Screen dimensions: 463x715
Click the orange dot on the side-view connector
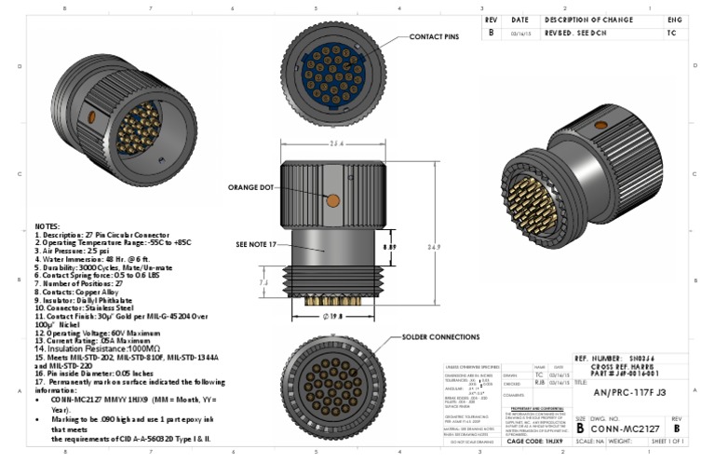pyautogui.click(x=332, y=198)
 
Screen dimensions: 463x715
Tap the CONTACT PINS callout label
pyautogui.click(x=435, y=37)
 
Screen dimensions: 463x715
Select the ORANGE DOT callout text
pyautogui.click(x=252, y=187)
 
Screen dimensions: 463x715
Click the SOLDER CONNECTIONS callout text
pyautogui.click(x=442, y=335)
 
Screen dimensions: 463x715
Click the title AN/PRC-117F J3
pyautogui.click(x=629, y=393)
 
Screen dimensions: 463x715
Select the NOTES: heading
pyautogui.click(x=47, y=226)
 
